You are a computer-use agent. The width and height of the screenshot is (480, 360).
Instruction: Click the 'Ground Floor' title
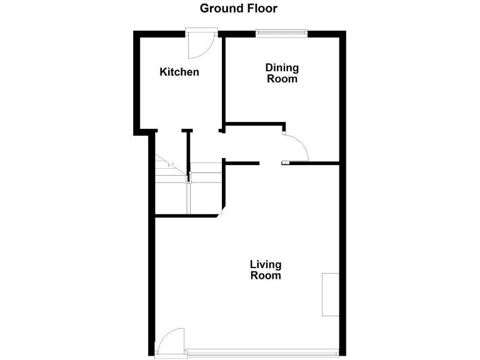pyautogui.click(x=238, y=8)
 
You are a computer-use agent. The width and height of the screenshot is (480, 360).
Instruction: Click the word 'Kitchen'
pyautogui.click(x=179, y=72)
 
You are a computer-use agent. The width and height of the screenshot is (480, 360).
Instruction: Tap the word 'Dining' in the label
pyautogui.click(x=282, y=67)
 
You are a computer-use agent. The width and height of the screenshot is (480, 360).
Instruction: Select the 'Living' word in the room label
pyautogui.click(x=266, y=264)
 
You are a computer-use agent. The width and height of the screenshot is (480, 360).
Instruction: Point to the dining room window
pyautogui.click(x=281, y=32)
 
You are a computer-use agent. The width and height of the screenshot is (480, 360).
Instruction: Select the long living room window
pyautogui.click(x=262, y=350)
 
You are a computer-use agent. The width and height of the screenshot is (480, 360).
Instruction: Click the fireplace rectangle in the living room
pyautogui.click(x=330, y=294)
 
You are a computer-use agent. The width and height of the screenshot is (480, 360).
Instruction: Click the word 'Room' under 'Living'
pyautogui.click(x=266, y=275)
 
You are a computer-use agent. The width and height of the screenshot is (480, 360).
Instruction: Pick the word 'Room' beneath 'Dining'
pyautogui.click(x=282, y=79)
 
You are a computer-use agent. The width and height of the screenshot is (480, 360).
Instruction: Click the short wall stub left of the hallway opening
pyautogui.click(x=241, y=163)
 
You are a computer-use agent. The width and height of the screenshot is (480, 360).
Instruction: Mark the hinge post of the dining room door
pyautogui.click(x=283, y=132)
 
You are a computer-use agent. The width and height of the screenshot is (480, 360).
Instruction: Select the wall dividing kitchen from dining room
pyautogui.click(x=223, y=81)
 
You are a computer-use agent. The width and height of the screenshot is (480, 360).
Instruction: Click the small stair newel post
pyautogui.click(x=188, y=179)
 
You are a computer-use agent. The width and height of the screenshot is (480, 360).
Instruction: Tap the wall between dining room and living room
pyautogui.click(x=312, y=163)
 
